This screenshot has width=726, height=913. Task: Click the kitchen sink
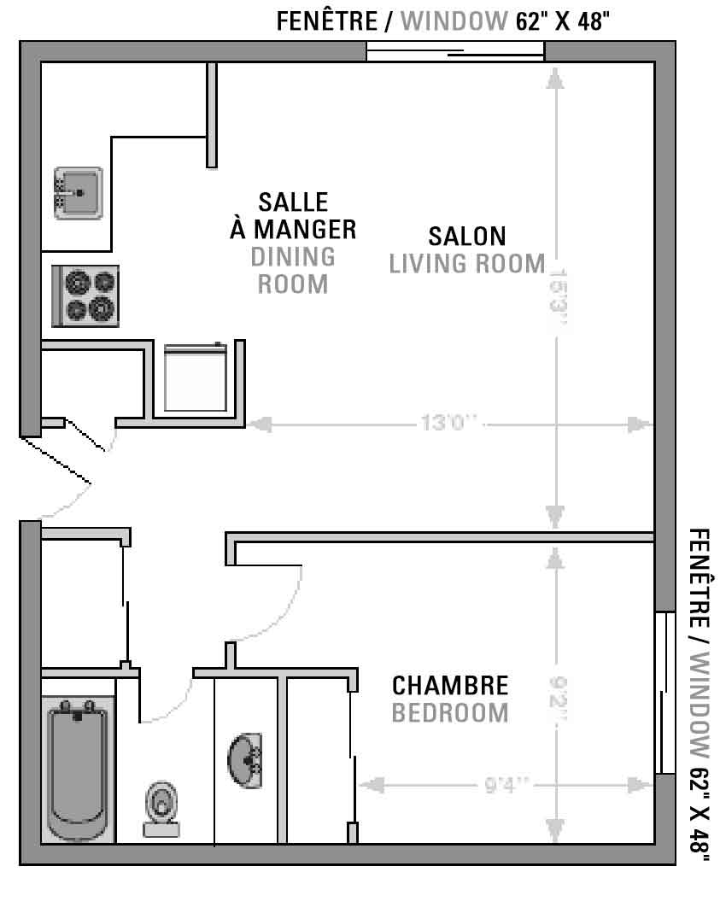click(78, 193)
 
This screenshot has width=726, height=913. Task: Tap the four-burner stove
click(85, 296)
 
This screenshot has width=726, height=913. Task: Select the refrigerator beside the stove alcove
click(195, 377)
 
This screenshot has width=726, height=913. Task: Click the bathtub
click(78, 770)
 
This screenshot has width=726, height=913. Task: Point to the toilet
click(161, 810)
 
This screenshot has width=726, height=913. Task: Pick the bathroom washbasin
click(245, 761)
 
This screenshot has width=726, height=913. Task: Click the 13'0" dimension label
click(449, 422)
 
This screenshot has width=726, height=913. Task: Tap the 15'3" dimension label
click(559, 297)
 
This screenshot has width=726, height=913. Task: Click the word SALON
click(467, 237)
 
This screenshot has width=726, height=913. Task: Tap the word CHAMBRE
click(450, 685)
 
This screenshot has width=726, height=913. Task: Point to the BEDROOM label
click(450, 712)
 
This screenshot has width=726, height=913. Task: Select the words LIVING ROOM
click(467, 264)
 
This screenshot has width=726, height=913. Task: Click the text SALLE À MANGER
click(293, 215)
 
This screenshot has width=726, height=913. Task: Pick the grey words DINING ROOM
click(293, 271)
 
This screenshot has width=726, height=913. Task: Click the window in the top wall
click(455, 51)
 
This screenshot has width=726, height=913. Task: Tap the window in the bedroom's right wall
click(665, 693)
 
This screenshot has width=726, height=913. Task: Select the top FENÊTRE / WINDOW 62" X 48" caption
click(442, 21)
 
